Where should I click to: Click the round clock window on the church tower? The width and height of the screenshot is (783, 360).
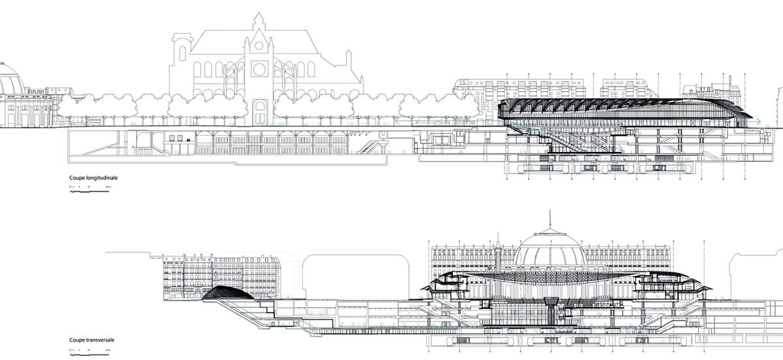coord(259,68)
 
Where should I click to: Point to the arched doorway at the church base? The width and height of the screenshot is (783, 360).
coord(260,112)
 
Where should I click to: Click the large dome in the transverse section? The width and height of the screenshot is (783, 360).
coord(549,250)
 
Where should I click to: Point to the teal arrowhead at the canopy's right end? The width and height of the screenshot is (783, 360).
coord(758,121)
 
